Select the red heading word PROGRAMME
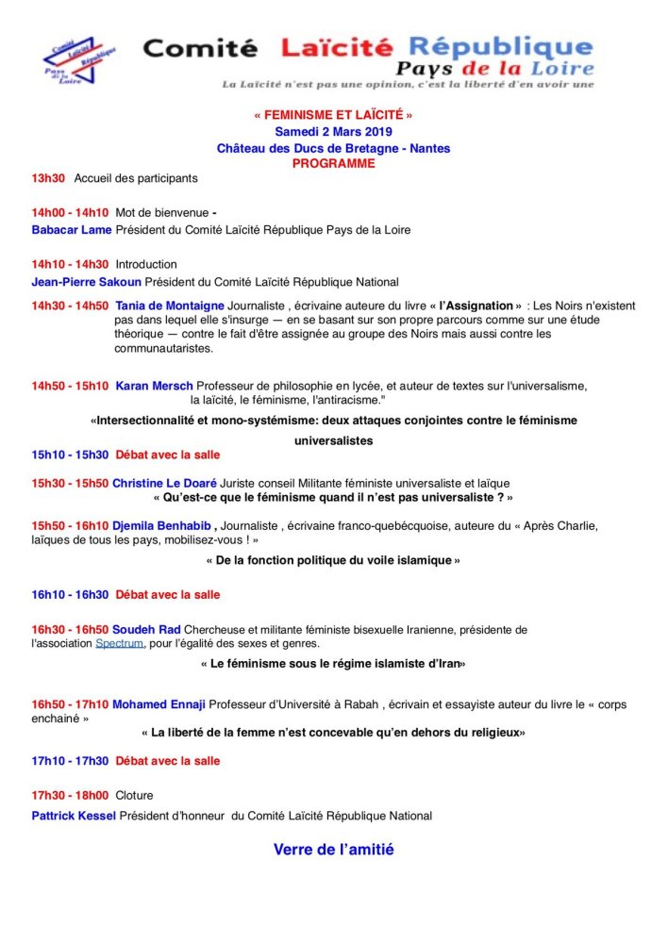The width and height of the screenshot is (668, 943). pyautogui.click(x=333, y=163)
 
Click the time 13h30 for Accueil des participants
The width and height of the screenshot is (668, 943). pyautogui.click(x=48, y=177)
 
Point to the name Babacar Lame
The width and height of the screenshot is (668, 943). pyautogui.click(x=72, y=229)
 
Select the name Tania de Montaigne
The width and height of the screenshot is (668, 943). pyautogui.click(x=170, y=306)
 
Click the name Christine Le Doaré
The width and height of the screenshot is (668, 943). pyautogui.click(x=164, y=483)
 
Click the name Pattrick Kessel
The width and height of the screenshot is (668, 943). pyautogui.click(x=74, y=816)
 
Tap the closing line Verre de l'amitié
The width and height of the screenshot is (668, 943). pyautogui.click(x=333, y=850)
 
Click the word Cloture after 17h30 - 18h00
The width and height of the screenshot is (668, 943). pyautogui.click(x=134, y=795)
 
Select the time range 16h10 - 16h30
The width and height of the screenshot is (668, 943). pyautogui.click(x=70, y=595)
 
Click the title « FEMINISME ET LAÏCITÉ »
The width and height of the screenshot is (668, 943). pyautogui.click(x=333, y=115)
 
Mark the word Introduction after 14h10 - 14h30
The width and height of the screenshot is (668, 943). pyautogui.click(x=146, y=264)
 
